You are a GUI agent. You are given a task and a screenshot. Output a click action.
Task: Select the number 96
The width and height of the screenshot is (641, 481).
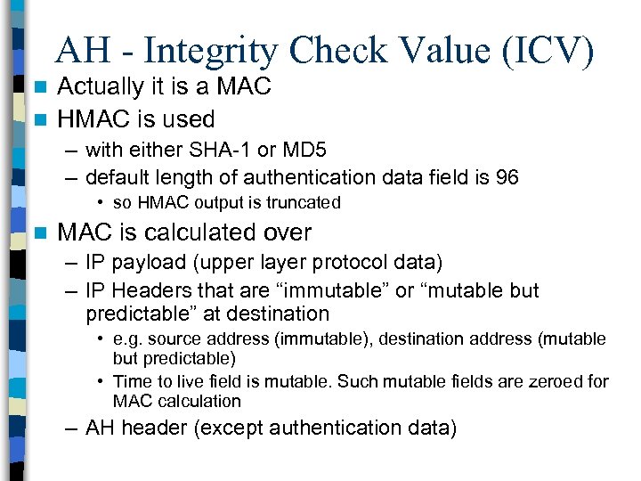point(507,177)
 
